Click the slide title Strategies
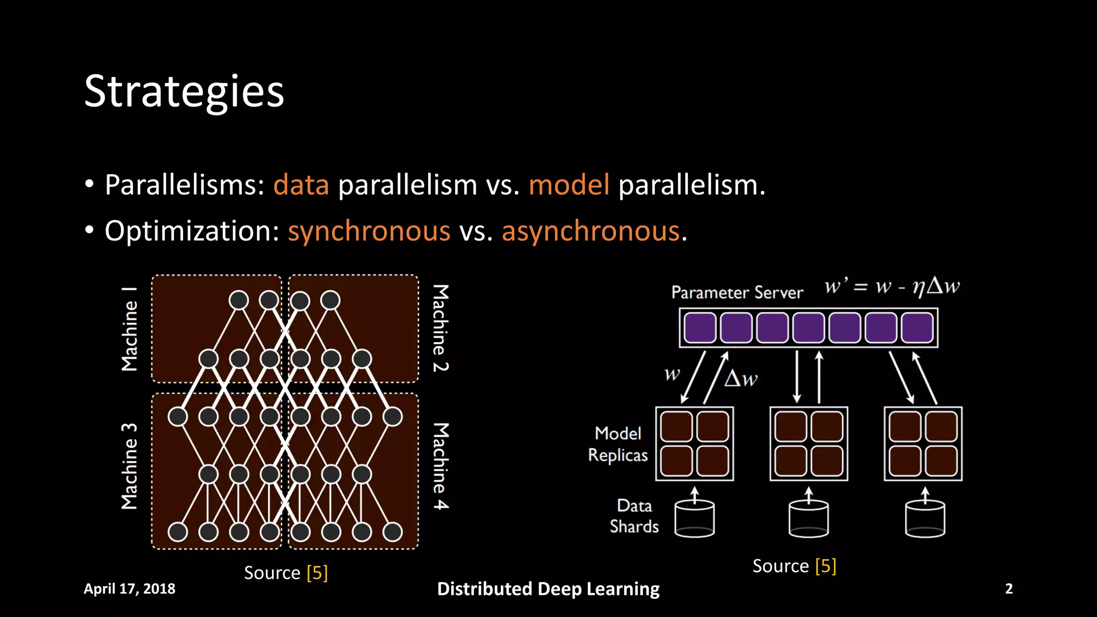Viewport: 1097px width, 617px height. click(184, 92)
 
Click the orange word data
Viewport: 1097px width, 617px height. click(301, 185)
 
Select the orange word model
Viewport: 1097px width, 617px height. click(569, 185)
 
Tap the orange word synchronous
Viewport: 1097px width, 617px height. click(369, 231)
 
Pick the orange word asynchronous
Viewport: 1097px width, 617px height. click(591, 231)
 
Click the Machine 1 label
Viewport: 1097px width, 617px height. click(130, 329)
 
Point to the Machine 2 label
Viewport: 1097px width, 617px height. click(440, 328)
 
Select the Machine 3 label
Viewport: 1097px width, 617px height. click(130, 466)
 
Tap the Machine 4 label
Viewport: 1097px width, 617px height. click(440, 466)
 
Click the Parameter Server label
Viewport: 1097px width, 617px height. click(737, 292)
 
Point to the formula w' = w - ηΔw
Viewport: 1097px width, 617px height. click(892, 287)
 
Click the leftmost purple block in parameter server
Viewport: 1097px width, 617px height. click(700, 328)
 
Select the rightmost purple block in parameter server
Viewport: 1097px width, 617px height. click(917, 328)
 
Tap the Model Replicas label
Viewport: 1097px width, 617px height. click(618, 444)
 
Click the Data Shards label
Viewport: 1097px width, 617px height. click(634, 516)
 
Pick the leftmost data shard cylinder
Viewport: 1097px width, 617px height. click(694, 518)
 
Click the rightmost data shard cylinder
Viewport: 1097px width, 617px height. click(925, 518)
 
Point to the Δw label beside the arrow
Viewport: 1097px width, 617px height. click(741, 379)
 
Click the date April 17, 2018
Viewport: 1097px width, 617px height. click(130, 589)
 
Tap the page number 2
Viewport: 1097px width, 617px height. click(1009, 589)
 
